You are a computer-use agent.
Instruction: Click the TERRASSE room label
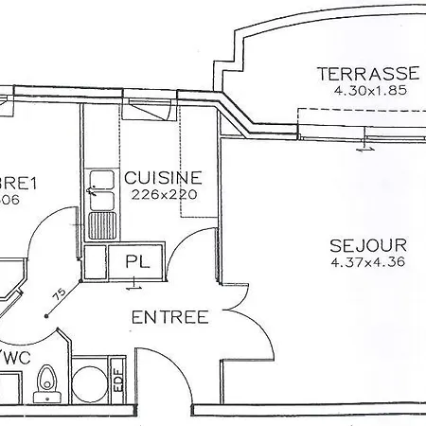[x=368, y=74]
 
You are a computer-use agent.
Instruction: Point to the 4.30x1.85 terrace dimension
[x=368, y=92]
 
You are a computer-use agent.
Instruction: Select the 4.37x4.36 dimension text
[x=367, y=261]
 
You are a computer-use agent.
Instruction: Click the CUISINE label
[x=163, y=177]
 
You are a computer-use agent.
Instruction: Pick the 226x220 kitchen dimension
[x=163, y=195]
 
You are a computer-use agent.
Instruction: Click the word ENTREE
[x=169, y=317]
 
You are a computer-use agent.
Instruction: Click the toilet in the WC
[x=44, y=382]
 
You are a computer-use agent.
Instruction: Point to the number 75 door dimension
[x=59, y=296]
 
